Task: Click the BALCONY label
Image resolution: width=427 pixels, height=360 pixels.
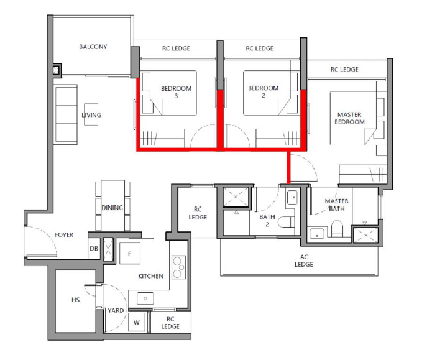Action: (x=93, y=47)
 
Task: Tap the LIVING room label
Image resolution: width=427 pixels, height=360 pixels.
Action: (x=91, y=115)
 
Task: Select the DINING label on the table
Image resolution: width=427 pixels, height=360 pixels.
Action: (x=112, y=208)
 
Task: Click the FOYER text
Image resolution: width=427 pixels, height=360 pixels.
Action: (x=64, y=235)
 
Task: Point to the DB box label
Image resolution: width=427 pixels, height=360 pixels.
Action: (x=94, y=248)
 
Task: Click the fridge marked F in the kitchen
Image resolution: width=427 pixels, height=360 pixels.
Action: (x=130, y=254)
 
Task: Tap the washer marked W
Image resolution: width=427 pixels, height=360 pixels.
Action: (x=137, y=322)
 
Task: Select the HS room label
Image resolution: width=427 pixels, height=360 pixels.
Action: (x=75, y=300)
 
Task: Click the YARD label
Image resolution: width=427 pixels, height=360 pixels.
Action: (x=116, y=310)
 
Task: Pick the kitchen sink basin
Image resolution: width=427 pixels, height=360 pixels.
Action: (x=145, y=298)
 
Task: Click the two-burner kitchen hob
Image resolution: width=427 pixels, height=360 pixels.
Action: (x=178, y=267)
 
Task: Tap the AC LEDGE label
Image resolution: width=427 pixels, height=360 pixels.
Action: (x=304, y=261)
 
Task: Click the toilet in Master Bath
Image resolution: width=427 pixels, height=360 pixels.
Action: (x=337, y=229)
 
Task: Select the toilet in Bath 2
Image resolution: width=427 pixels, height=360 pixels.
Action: (x=286, y=222)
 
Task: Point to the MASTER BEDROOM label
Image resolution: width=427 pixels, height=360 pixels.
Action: (x=350, y=118)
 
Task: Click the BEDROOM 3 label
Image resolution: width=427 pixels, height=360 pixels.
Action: (x=176, y=92)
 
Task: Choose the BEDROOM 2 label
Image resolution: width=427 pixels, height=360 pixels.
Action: (x=264, y=92)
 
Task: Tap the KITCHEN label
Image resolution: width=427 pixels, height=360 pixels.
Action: (x=150, y=276)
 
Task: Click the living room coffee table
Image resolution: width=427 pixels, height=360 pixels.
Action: (x=91, y=114)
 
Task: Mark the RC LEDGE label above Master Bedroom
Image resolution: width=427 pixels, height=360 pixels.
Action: (x=344, y=70)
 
